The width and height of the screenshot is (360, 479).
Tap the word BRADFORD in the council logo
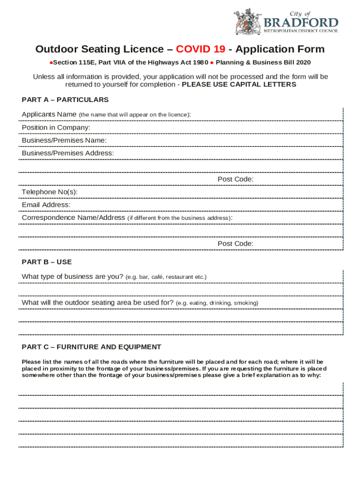[301, 23]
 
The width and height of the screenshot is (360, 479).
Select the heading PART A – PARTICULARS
[65, 100]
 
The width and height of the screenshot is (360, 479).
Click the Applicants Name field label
[49, 115]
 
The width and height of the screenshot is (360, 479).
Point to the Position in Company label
[56, 128]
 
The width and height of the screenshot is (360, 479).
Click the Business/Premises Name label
[64, 140]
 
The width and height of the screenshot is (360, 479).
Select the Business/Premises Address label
[68, 153]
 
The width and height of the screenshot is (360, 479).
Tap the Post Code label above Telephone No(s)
[236, 179]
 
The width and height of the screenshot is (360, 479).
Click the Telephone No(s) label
[50, 192]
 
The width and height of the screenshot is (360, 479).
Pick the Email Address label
[46, 205]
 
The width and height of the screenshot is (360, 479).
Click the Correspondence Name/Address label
[73, 218]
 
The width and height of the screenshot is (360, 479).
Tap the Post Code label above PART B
[236, 244]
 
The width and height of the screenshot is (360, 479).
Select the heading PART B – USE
[47, 262]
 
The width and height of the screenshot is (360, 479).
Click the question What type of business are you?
[72, 276]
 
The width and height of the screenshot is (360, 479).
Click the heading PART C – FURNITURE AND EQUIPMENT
[92, 347]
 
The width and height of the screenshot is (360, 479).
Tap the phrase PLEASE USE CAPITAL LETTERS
[239, 85]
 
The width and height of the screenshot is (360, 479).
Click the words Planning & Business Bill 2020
[263, 62]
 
